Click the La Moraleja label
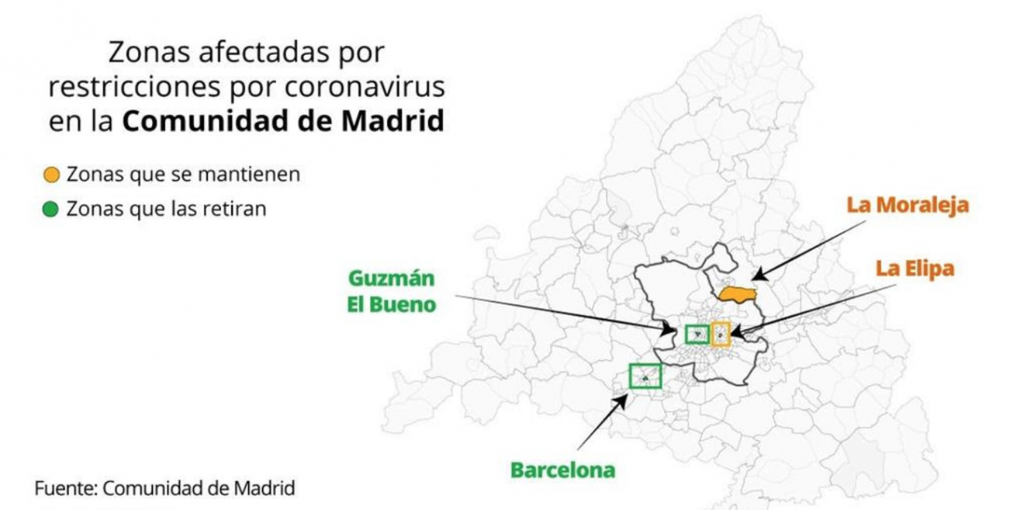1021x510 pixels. point(908,204)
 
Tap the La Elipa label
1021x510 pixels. point(914,269)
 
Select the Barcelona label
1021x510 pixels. point(562,471)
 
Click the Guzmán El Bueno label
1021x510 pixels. point(391,291)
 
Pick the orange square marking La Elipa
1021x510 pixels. point(720,333)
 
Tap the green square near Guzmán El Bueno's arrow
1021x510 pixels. point(697,333)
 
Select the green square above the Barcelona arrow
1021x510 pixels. point(645,376)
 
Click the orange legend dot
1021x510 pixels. point(51,175)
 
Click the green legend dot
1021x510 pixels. point(51,209)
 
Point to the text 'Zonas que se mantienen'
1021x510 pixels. point(182,175)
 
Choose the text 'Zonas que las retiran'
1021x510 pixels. point(166,209)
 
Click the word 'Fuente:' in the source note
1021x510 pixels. point(66,489)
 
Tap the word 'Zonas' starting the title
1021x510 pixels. point(144,53)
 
